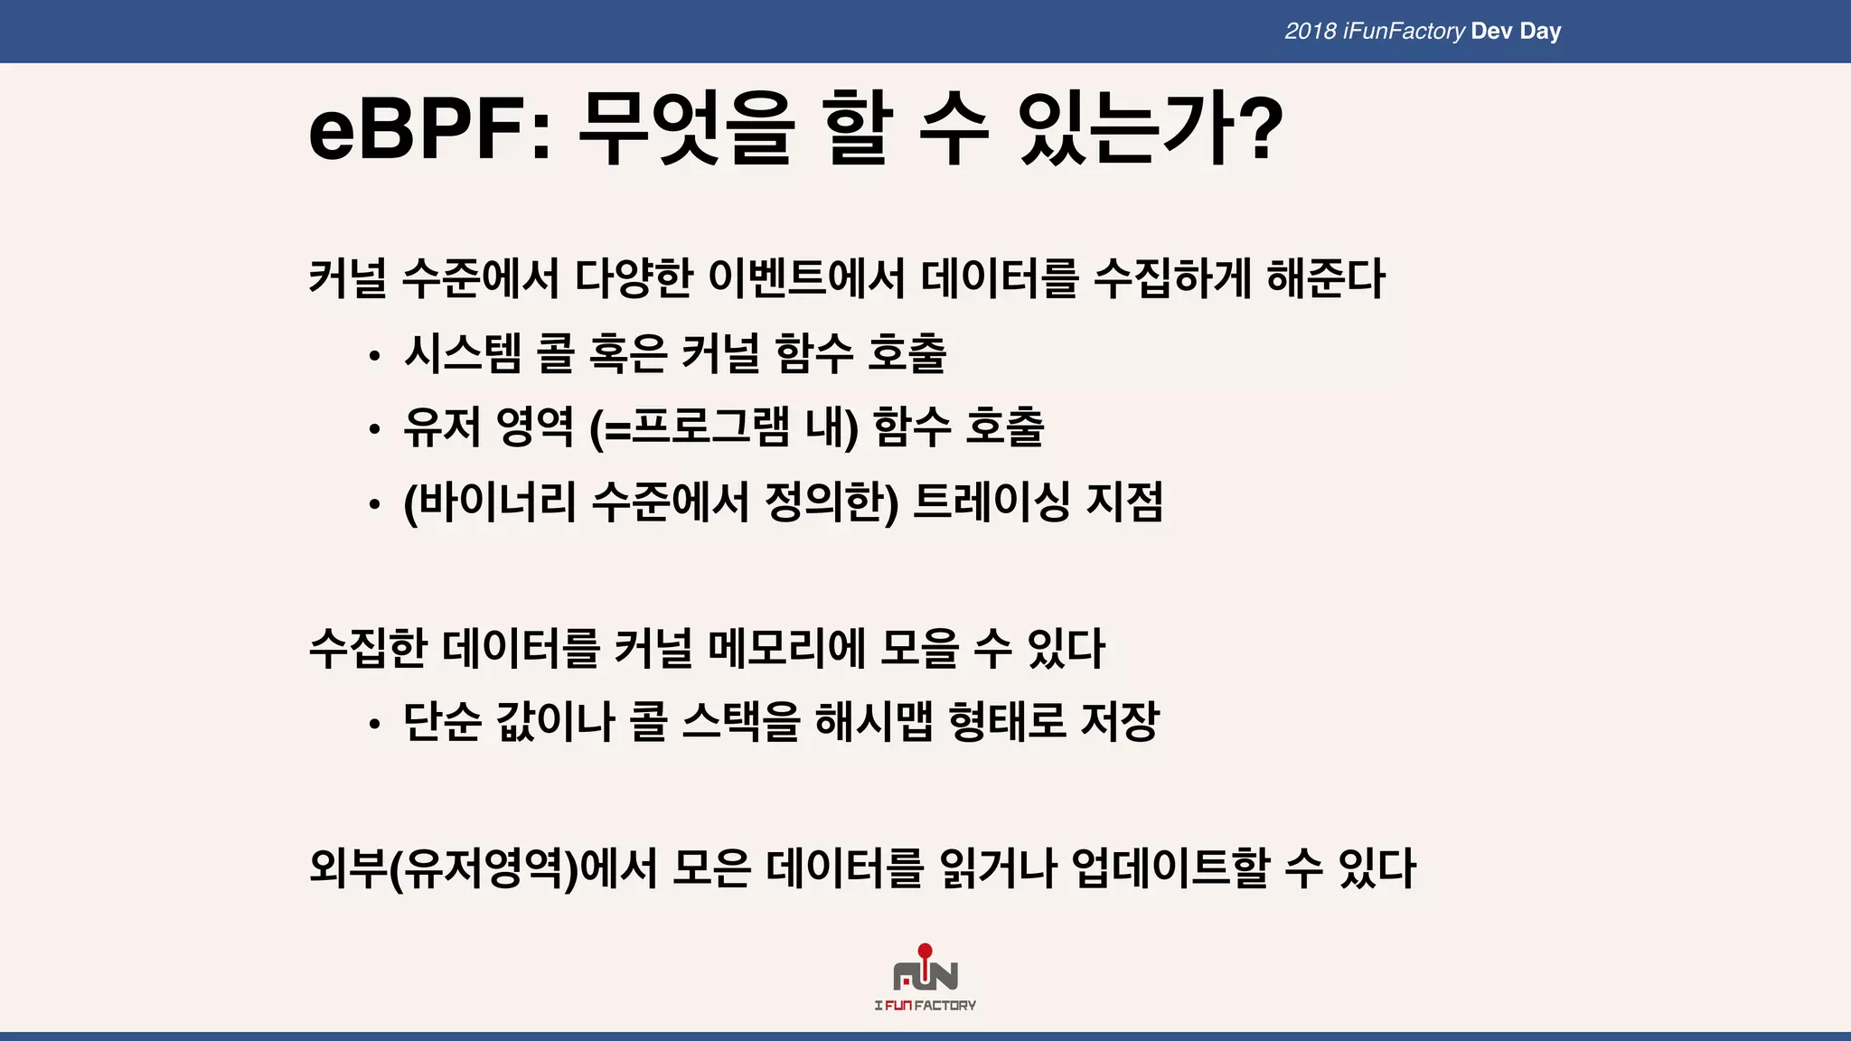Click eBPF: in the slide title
pos(429,131)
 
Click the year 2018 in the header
pos(1310,32)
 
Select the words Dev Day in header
pos(1516,32)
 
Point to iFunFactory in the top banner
pos(1404,32)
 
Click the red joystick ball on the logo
pos(925,951)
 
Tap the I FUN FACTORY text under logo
pos(925,1006)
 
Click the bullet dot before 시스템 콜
pos(374,357)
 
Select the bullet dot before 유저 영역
pos(374,431)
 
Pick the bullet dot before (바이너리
pos(374,505)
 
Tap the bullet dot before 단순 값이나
pos(374,725)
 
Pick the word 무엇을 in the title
pos(686,131)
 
